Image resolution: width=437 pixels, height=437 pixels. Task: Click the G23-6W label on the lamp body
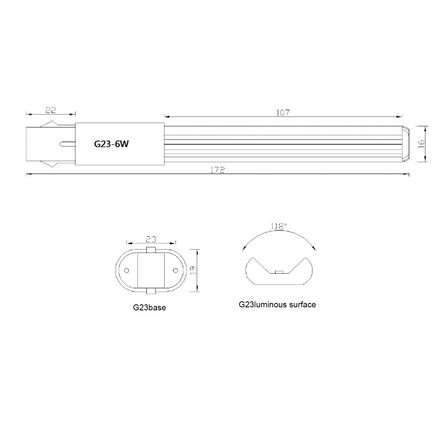point(111,144)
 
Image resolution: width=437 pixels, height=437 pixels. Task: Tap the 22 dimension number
point(51,110)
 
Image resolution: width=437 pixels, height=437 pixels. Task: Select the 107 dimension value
point(283,112)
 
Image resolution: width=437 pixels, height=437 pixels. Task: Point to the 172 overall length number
point(218,170)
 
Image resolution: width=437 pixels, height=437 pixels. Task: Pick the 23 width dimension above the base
point(151,239)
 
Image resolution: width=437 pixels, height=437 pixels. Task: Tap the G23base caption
point(149,308)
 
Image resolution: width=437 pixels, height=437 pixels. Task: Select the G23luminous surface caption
point(277,305)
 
